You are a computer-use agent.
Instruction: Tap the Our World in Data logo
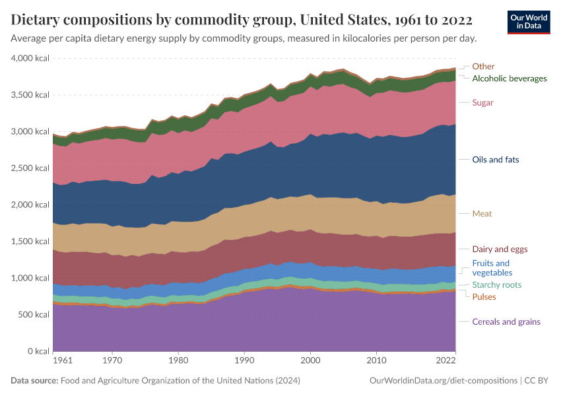click(528, 22)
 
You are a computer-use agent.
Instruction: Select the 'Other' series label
click(483, 67)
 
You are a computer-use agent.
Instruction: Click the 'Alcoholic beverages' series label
click(509, 79)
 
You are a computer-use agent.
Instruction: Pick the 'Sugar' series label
click(482, 103)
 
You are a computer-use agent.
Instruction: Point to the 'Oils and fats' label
click(496, 160)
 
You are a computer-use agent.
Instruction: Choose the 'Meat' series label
click(482, 214)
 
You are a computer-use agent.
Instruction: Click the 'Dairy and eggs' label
click(500, 249)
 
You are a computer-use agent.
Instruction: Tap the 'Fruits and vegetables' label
click(492, 268)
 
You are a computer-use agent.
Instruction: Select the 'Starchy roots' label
click(496, 285)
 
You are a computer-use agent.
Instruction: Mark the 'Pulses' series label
click(484, 297)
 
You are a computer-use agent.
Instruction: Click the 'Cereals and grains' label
click(506, 322)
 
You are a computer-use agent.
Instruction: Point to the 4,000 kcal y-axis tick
click(30, 59)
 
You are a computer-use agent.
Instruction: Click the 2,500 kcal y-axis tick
click(30, 168)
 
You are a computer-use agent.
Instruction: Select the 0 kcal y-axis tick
click(38, 351)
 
